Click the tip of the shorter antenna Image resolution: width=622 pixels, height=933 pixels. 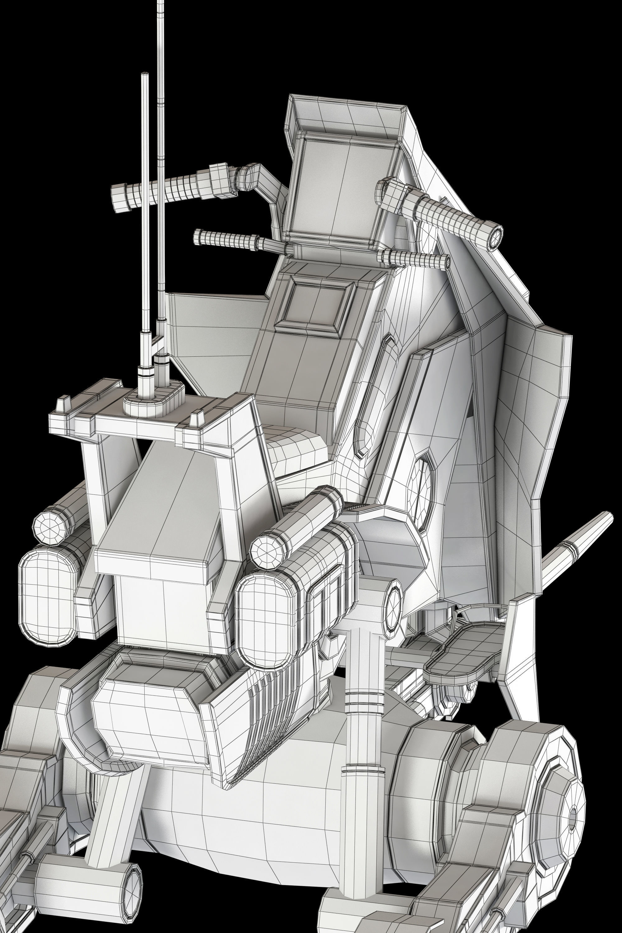click(x=145, y=74)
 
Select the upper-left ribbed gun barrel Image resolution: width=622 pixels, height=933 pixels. click(x=167, y=190)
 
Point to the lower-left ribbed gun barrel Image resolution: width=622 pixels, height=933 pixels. click(x=226, y=239)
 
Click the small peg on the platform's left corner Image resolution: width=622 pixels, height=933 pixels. click(x=61, y=406)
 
